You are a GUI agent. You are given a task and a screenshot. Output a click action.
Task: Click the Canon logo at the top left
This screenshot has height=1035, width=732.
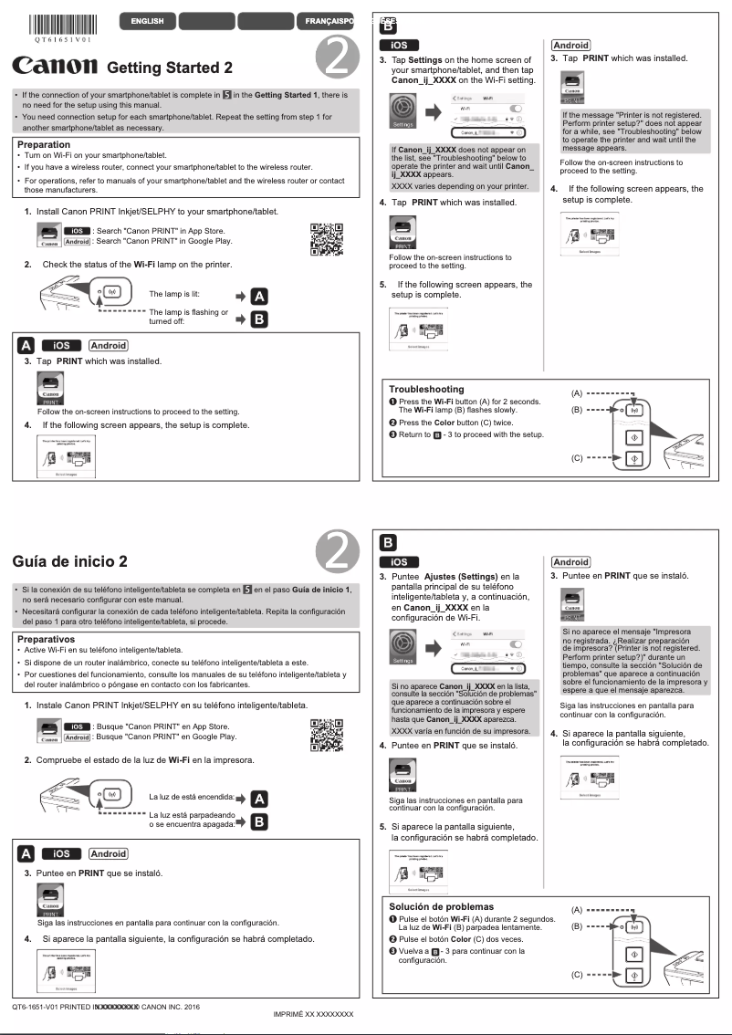click(55, 66)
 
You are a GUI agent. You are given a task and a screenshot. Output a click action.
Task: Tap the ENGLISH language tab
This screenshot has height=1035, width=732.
click(147, 21)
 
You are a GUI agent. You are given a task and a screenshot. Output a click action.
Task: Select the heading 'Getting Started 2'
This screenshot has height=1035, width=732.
click(170, 68)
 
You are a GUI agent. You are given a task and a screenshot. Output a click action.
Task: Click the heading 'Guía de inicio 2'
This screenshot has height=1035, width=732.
click(70, 560)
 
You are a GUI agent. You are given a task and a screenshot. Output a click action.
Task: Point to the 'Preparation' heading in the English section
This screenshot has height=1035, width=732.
click(43, 144)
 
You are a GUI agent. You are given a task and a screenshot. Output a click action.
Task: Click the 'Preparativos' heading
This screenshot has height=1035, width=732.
click(46, 639)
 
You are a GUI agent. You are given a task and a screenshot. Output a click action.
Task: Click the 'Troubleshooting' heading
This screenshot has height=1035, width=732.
click(426, 389)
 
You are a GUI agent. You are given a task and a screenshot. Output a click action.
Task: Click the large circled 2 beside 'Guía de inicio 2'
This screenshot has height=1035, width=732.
click(336, 552)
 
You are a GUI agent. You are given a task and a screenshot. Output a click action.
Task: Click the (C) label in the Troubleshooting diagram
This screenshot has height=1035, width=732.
click(577, 457)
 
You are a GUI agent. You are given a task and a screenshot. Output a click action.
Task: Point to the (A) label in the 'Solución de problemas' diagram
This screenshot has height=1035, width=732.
click(577, 910)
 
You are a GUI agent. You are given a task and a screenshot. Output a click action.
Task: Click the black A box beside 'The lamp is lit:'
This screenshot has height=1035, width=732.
click(259, 296)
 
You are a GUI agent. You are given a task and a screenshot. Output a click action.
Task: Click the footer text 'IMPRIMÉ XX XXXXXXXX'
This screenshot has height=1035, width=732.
click(313, 1014)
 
